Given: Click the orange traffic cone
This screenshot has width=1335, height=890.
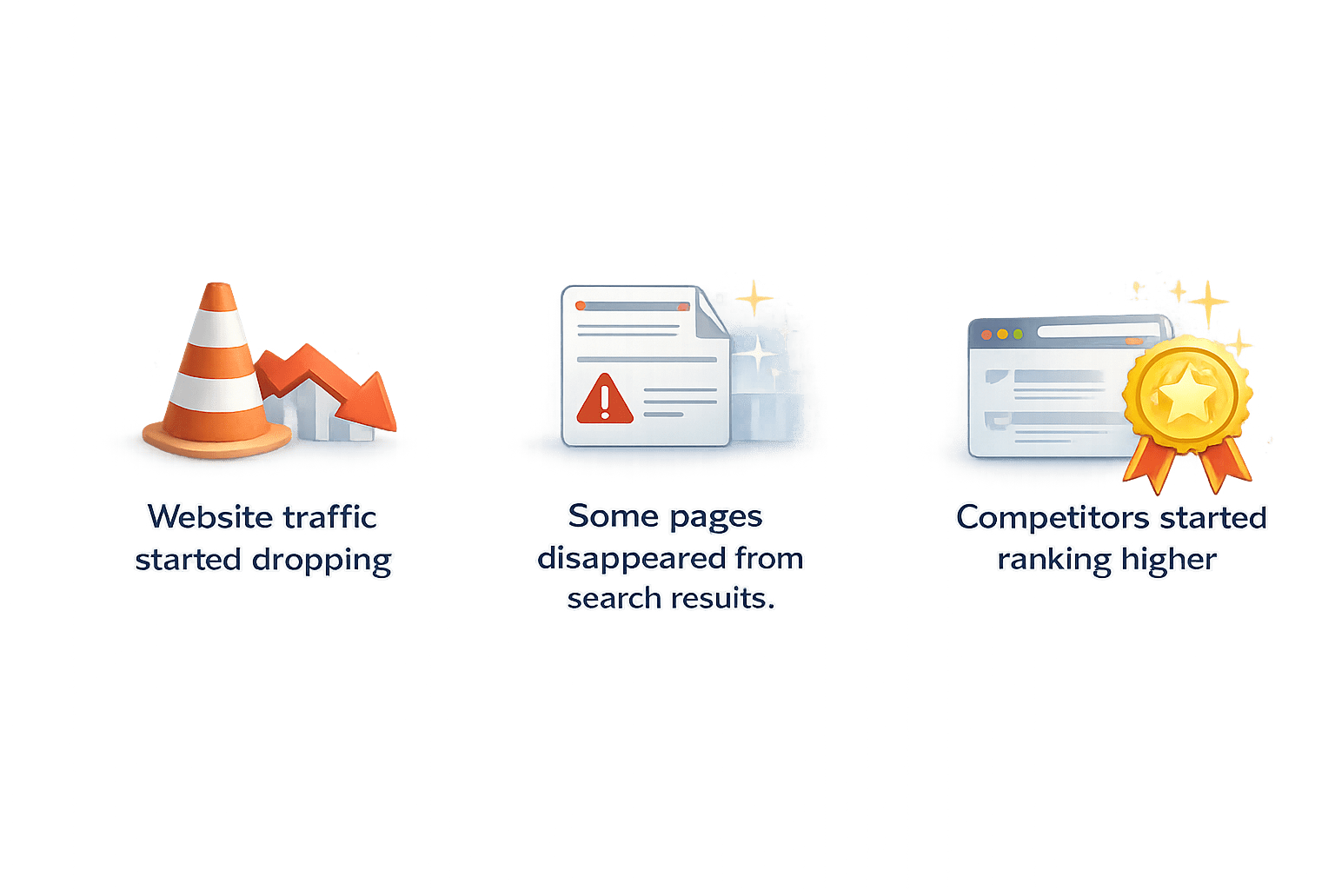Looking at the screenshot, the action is (217, 374).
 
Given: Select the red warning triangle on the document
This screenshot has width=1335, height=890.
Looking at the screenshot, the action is (605, 400).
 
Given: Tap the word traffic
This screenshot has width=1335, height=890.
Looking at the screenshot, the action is (330, 517).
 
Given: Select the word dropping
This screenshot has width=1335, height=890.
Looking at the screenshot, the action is (322, 561).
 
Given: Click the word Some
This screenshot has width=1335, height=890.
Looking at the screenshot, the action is (614, 516).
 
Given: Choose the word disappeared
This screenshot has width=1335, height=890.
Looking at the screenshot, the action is (631, 558).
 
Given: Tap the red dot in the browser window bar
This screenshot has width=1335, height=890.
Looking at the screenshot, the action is (986, 335).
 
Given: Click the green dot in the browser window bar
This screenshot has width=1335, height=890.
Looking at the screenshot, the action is (1018, 335).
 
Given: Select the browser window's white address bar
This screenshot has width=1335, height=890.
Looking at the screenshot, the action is (1095, 332).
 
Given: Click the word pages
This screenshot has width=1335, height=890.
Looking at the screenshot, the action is (717, 518).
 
